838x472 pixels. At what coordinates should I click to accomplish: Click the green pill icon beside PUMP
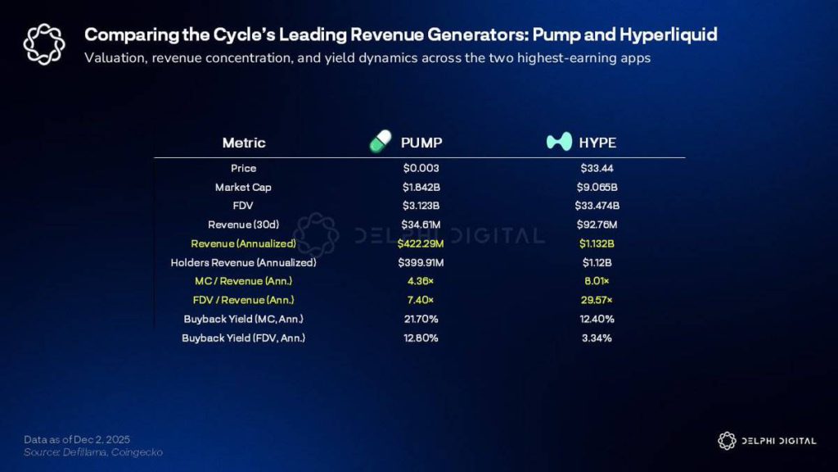[380, 142]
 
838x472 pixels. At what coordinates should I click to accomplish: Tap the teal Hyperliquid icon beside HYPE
[558, 142]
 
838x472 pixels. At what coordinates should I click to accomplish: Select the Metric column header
[244, 143]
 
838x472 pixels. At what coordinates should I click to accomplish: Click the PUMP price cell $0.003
[421, 168]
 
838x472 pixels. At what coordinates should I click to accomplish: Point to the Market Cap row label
[243, 187]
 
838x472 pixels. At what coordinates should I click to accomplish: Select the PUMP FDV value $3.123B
[421, 206]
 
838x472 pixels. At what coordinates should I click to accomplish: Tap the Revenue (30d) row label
[243, 225]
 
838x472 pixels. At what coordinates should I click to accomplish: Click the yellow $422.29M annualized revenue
[421, 243]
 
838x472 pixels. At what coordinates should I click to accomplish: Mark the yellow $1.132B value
[596, 243]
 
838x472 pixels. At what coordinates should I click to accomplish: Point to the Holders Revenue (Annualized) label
[243, 263]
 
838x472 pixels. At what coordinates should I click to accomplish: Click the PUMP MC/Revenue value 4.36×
[421, 282]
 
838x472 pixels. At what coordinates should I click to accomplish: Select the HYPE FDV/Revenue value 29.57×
[596, 301]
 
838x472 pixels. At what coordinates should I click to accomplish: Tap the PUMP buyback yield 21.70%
[421, 320]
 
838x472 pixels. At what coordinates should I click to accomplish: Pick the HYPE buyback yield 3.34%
[596, 338]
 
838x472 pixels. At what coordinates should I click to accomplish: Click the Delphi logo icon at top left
[43, 43]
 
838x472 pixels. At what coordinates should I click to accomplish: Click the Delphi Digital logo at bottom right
[766, 441]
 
